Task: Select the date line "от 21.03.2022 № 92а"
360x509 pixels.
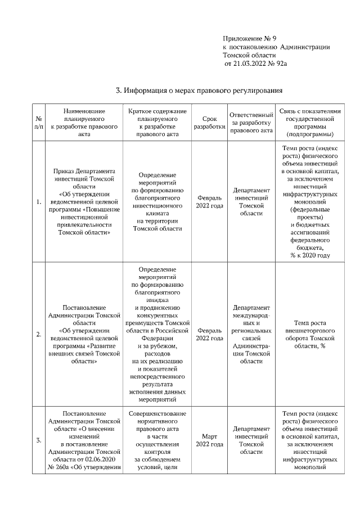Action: [255, 65]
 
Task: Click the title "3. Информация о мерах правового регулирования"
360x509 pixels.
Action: [198, 90]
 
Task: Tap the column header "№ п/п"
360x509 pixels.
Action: [39, 123]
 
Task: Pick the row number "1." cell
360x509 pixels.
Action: [39, 202]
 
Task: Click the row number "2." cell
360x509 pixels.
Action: [39, 334]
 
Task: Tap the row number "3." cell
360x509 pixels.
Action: [39, 440]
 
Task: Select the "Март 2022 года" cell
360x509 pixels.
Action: [209, 440]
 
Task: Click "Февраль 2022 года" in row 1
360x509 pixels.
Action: [209, 202]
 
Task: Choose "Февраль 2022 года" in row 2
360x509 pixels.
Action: [209, 334]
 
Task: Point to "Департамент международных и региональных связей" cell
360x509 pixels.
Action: [251, 334]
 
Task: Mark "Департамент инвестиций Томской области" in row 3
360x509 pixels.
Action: [251, 440]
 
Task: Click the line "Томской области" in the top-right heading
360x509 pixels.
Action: [249, 56]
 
